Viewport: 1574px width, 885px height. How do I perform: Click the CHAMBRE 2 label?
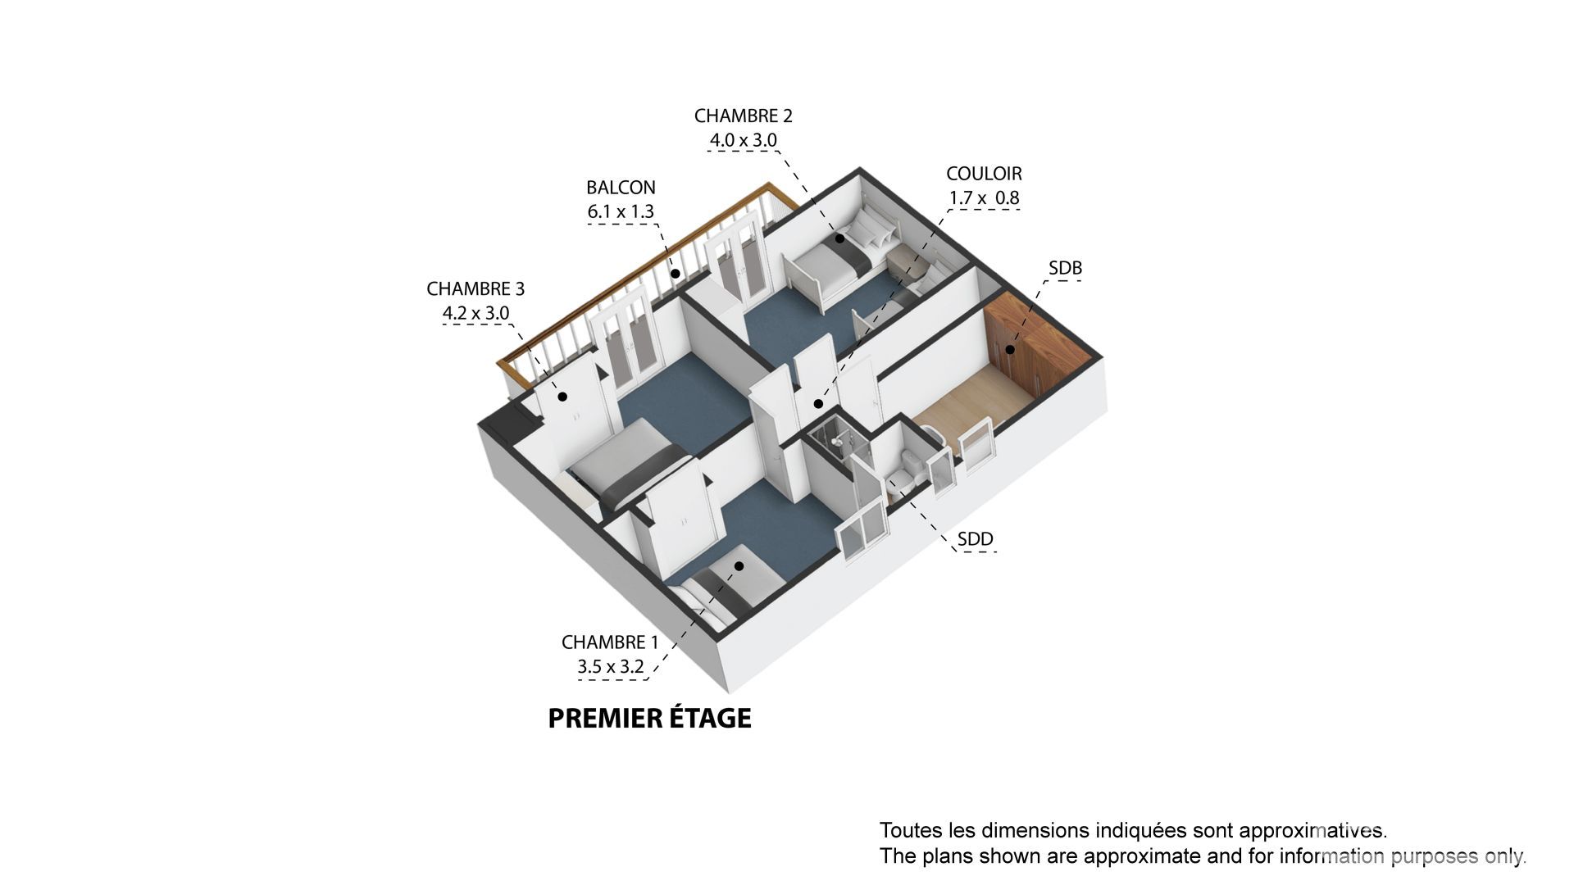743,116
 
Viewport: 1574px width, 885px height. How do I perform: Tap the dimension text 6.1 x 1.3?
621,211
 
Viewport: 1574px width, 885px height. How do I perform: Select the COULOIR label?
984,174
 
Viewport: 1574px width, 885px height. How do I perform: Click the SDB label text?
1065,268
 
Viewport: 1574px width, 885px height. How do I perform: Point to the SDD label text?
976,539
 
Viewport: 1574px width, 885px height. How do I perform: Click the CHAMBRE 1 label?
610,642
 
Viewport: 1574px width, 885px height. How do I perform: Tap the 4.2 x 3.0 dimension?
475,313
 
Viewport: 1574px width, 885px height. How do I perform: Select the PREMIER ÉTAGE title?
649,718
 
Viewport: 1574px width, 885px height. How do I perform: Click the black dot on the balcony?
676,274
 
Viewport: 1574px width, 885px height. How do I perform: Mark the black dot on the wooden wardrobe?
1011,350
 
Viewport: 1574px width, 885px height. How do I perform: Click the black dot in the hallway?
817,404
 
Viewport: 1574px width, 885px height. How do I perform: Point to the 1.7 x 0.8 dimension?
984,197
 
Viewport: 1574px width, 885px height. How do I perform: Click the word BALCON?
621,188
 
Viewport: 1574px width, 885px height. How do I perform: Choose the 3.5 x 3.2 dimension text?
611,667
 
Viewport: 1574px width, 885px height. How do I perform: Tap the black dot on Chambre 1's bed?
739,565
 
